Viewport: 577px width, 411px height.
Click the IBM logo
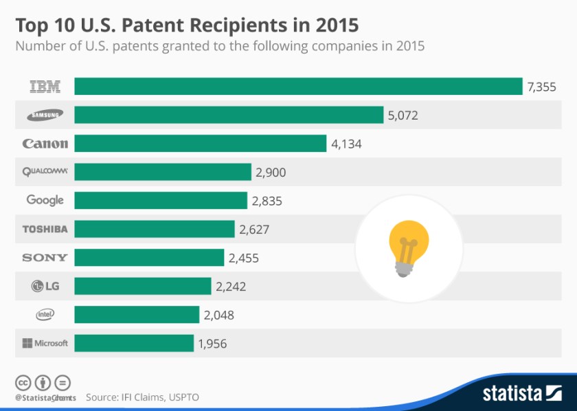point(45,87)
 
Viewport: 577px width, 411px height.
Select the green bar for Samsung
point(229,115)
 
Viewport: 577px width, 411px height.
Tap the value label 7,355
point(541,87)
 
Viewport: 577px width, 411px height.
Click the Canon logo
point(45,144)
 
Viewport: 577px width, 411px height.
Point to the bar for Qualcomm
point(163,172)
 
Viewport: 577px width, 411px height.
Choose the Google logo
point(45,200)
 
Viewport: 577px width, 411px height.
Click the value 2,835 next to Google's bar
point(267,201)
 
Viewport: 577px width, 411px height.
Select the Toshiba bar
point(155,229)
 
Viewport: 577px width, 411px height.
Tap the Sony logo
point(45,258)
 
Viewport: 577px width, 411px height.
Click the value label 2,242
point(231,287)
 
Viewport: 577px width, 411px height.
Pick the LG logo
point(45,286)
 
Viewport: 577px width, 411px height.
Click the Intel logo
point(45,315)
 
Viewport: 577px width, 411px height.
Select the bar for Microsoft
point(134,343)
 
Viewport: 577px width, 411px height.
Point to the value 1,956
point(212,344)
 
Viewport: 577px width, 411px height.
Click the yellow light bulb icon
point(409,249)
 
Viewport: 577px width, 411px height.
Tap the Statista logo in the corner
point(522,393)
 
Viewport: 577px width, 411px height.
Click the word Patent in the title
point(152,25)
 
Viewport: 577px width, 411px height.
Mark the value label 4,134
point(346,144)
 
